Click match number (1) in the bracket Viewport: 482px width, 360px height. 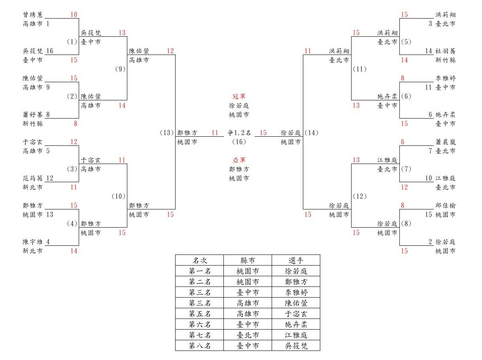tap(72, 42)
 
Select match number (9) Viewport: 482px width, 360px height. tap(120, 69)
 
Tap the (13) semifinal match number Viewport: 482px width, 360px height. tap(167, 133)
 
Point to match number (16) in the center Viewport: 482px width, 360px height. tap(239, 142)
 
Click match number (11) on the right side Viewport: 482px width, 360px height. tap(359, 69)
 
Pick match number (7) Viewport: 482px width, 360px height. tap(406, 169)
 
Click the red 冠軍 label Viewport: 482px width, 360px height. tap(239, 96)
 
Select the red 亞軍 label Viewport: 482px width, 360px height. tap(239, 160)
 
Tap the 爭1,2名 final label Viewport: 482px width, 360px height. tap(239, 133)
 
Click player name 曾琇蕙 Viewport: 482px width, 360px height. tap(33, 15)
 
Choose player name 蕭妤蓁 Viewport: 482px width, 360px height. tap(33, 115)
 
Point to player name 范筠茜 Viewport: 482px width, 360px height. tap(33, 178)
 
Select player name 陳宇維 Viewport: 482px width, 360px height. tap(33, 242)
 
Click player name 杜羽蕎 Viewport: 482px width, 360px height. tap(445, 51)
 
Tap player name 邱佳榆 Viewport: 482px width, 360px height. tap(445, 205)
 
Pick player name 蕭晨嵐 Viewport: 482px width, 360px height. tap(445, 142)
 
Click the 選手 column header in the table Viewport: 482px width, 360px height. tap(296, 260)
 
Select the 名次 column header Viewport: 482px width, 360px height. tap(200, 260)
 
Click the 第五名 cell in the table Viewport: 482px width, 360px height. tap(200, 314)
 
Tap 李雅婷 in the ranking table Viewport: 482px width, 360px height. tap(296, 292)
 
